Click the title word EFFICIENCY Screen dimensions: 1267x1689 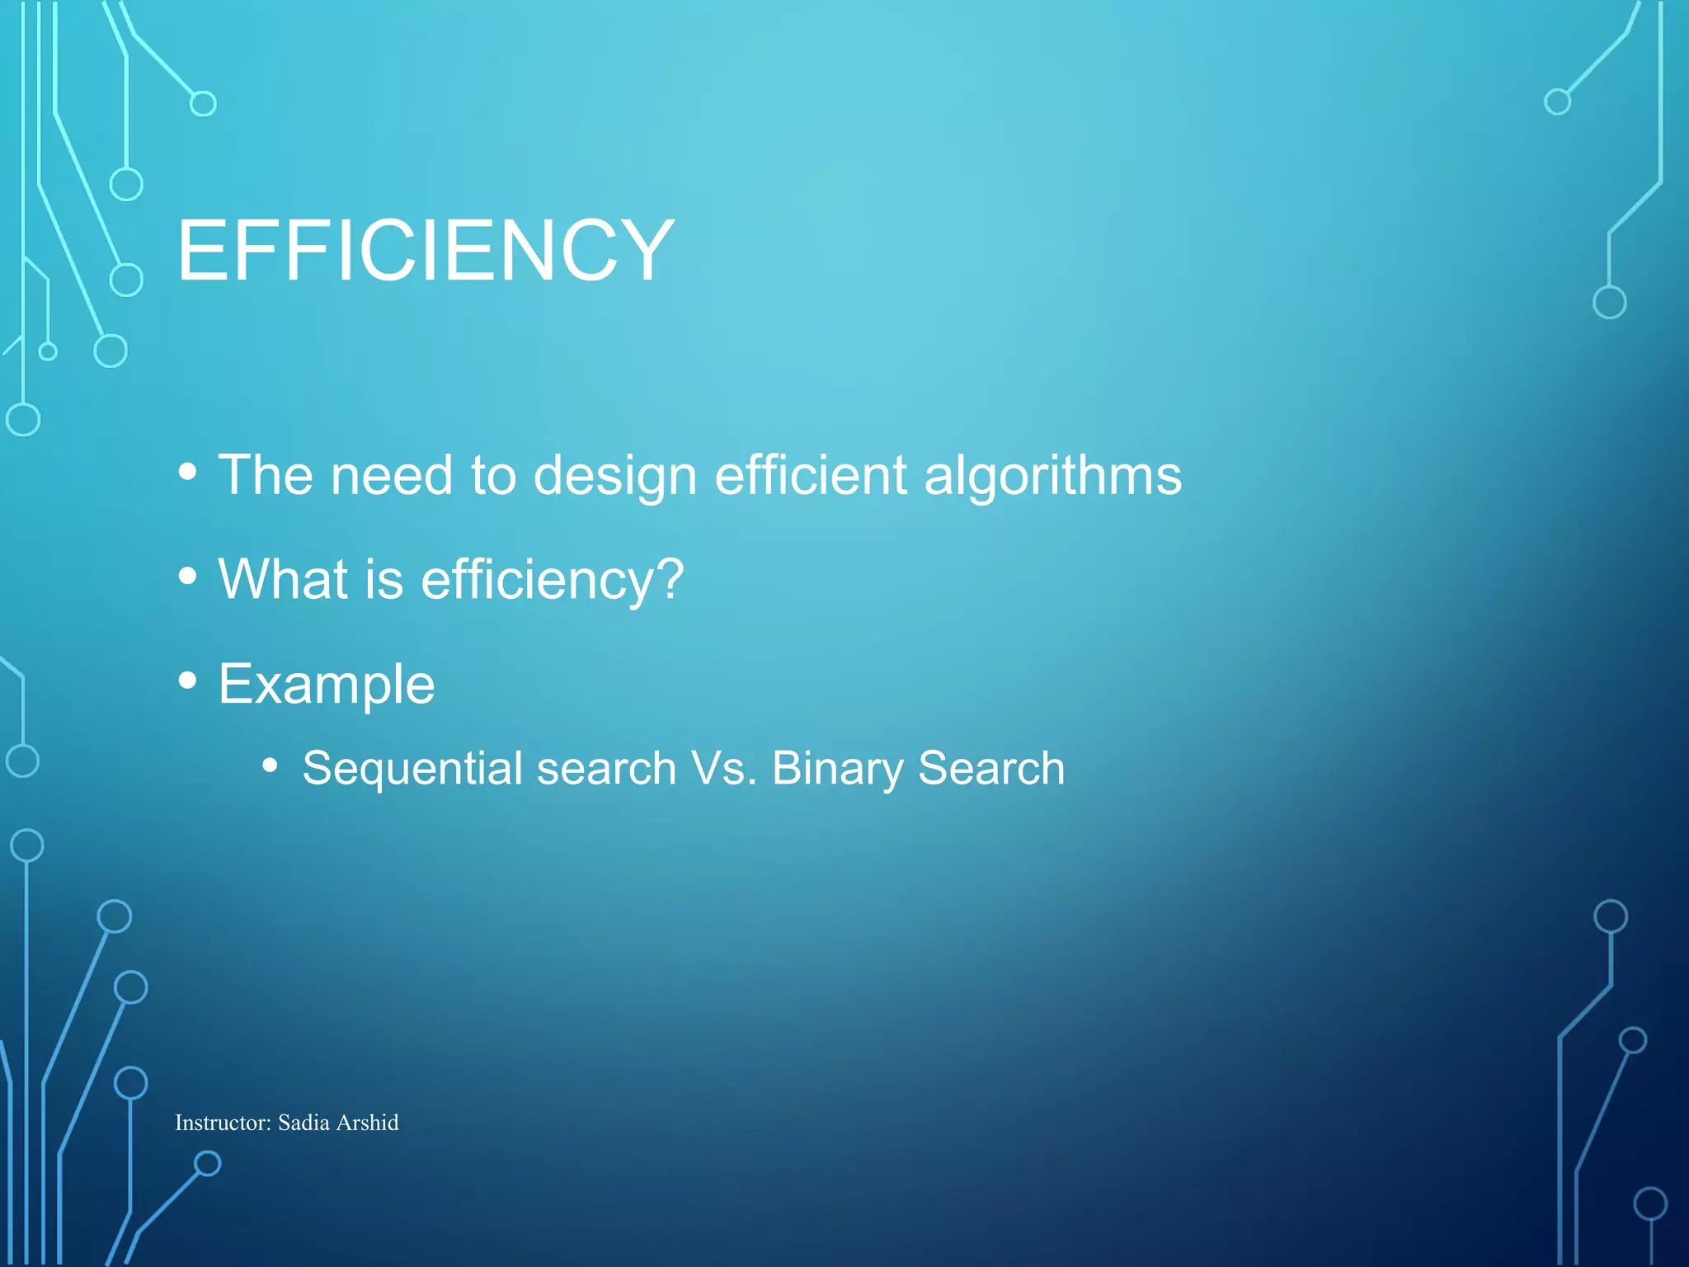point(426,250)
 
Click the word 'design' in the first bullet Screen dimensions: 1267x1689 point(615,476)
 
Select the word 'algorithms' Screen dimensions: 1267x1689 point(1052,476)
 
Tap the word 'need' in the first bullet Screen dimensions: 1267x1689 point(392,476)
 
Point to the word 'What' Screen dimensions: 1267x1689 point(283,579)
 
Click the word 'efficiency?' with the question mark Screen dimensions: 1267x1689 point(553,581)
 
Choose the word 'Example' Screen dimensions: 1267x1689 point(327,685)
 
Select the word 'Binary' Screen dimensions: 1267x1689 point(837,769)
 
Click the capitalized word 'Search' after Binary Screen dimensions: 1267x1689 point(991,769)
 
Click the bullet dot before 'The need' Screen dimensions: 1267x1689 point(188,472)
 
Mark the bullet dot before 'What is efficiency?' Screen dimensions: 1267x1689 point(188,576)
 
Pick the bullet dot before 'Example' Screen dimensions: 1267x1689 point(188,681)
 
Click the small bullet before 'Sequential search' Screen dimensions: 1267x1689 point(270,765)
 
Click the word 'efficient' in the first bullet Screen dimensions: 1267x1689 point(811,476)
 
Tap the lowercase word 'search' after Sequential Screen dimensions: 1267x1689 point(606,769)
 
